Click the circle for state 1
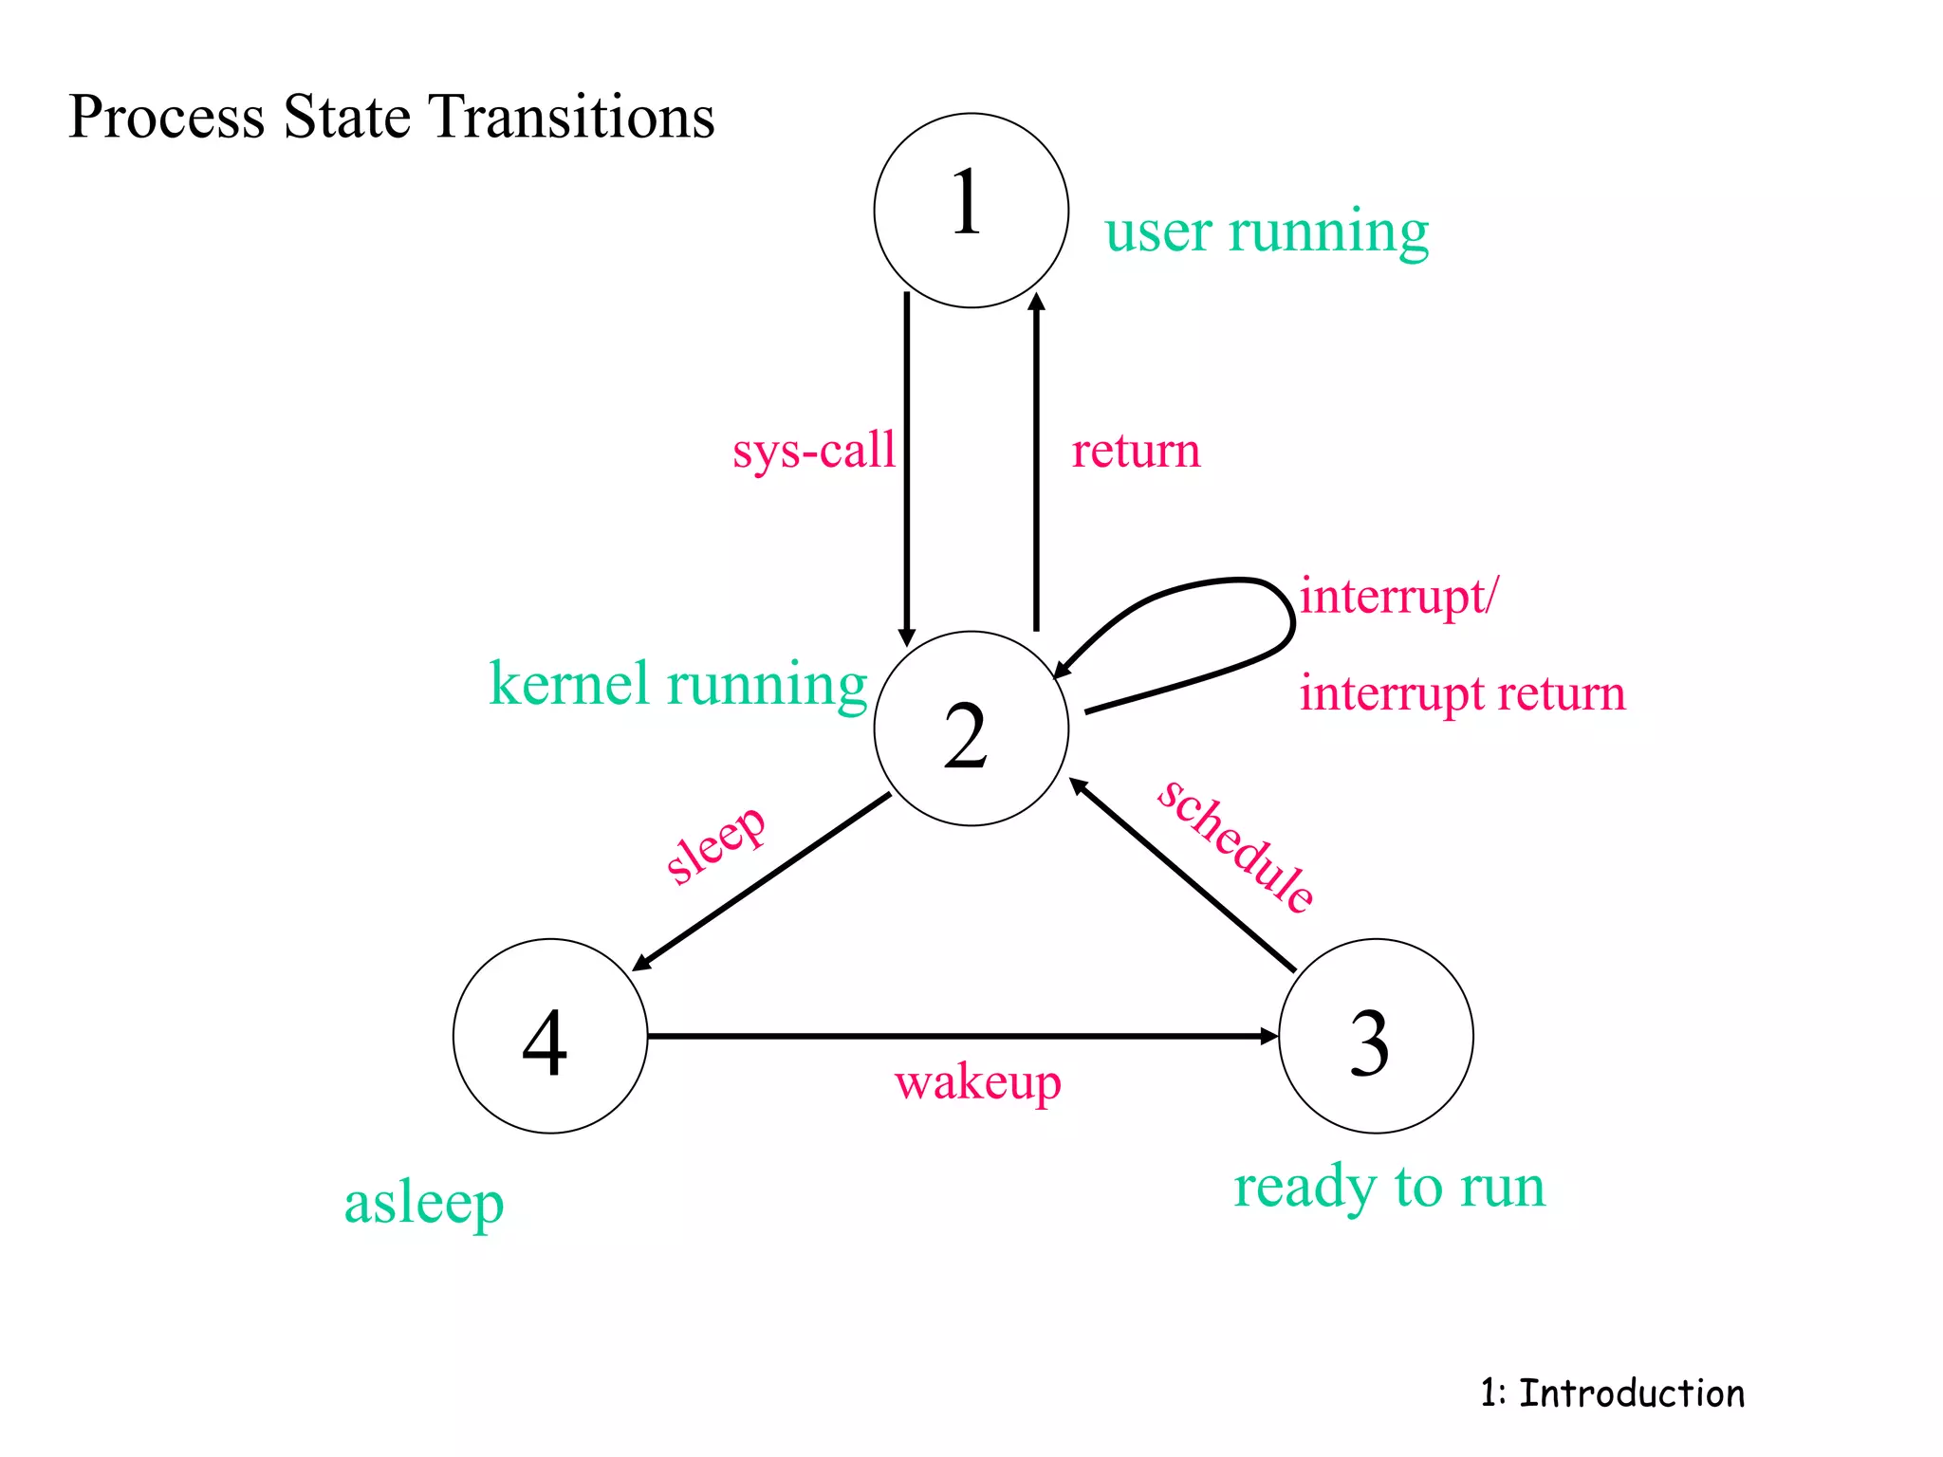[971, 211]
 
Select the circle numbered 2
[971, 728]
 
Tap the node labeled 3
[1376, 1036]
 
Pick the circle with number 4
[550, 1036]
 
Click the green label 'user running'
[1267, 231]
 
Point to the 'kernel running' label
[677, 685]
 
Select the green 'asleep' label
[423, 1205]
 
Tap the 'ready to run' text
[1389, 1188]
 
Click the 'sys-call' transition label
[814, 451]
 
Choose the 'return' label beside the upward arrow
[1136, 451]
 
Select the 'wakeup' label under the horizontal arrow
[977, 1083]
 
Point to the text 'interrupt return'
[1461, 693]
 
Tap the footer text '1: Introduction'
[1612, 1393]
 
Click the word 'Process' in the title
[166, 117]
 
